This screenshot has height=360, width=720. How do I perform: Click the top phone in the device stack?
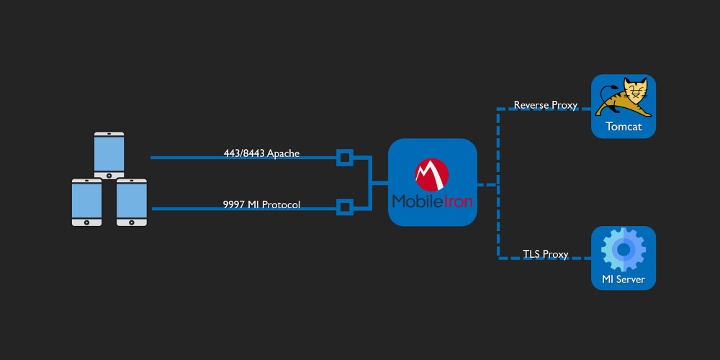tap(109, 156)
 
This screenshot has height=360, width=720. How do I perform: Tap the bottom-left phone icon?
tap(87, 202)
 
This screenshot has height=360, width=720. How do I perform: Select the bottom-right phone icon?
tap(131, 202)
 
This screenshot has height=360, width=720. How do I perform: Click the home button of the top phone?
tap(109, 175)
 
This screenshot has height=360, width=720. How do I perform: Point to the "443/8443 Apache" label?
tap(262, 153)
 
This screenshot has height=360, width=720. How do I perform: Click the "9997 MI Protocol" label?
tap(262, 204)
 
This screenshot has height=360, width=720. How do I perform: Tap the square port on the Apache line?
tap(345, 158)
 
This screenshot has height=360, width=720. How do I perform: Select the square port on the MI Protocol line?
tap(345, 207)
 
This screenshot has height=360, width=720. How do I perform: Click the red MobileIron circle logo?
tap(431, 175)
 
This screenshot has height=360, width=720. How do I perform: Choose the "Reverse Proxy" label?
tap(546, 105)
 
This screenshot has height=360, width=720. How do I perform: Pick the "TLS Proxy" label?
tap(546, 254)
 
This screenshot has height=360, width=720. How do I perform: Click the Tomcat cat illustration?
tap(623, 97)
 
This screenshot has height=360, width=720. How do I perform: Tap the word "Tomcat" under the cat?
tap(624, 126)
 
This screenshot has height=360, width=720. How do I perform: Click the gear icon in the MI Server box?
tap(623, 249)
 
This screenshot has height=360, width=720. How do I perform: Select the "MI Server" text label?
tap(623, 279)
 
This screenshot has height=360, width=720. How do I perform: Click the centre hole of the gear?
tap(623, 249)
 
